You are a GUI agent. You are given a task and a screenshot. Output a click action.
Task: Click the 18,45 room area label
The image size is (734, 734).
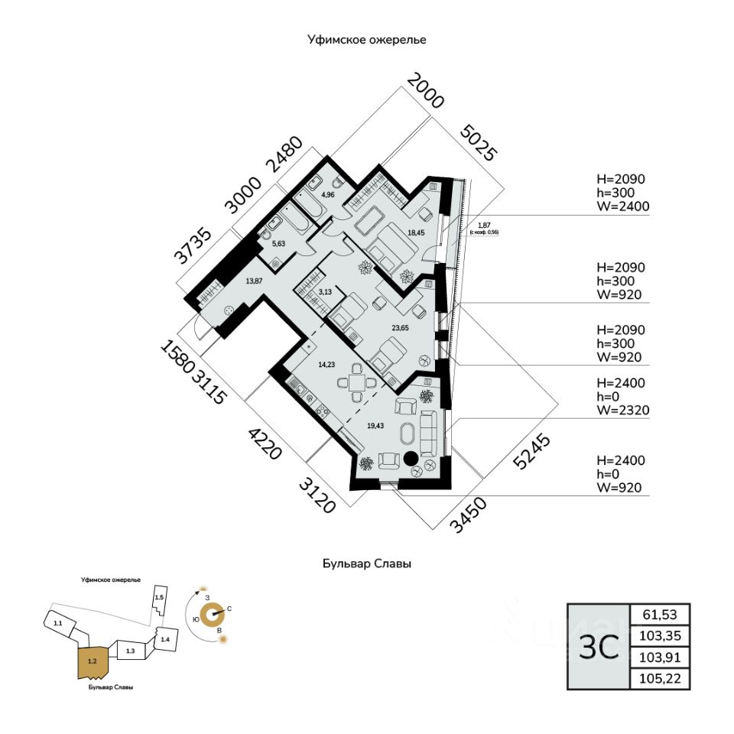coord(417,232)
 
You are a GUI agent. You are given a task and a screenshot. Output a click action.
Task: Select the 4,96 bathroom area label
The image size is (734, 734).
coord(328,195)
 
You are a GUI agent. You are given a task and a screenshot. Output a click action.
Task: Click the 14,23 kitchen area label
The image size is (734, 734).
coord(327,365)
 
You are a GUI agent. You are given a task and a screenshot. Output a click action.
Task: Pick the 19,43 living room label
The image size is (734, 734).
coord(375,426)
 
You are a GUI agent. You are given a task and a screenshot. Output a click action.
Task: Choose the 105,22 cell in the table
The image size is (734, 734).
coord(660,678)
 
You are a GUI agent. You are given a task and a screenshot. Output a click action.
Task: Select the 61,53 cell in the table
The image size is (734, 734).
coord(660,614)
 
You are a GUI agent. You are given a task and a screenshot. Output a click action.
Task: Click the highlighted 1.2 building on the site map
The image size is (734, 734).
coord(93,661)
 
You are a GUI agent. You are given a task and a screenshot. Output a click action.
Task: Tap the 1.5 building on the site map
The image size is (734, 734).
coord(159,597)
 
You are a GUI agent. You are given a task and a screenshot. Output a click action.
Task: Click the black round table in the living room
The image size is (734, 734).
coord(411,459)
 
